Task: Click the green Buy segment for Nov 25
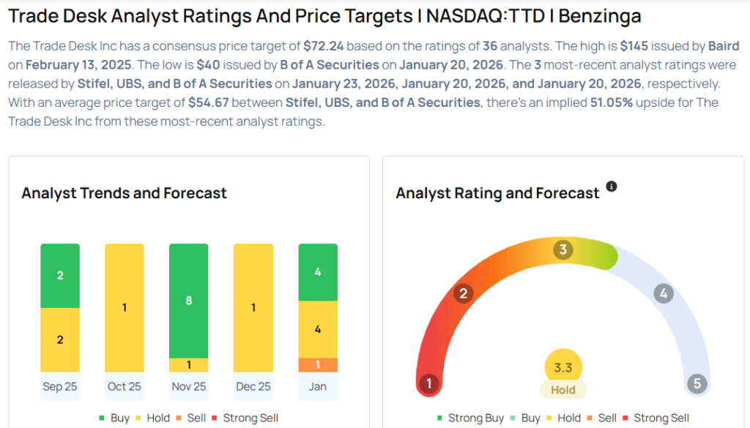(188, 300)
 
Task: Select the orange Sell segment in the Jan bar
(317, 364)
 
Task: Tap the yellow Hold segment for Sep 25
(60, 339)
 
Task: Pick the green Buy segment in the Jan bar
(317, 272)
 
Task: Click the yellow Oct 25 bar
(125, 307)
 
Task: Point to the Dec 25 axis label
(253, 386)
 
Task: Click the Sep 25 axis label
(60, 386)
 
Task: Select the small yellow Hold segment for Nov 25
(188, 364)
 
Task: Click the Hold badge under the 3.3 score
(563, 390)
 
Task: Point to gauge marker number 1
(429, 383)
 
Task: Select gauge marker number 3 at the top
(563, 249)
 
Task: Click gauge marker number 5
(697, 383)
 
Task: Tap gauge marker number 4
(663, 294)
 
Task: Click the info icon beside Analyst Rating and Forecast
(612, 187)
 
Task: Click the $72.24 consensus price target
(324, 45)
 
